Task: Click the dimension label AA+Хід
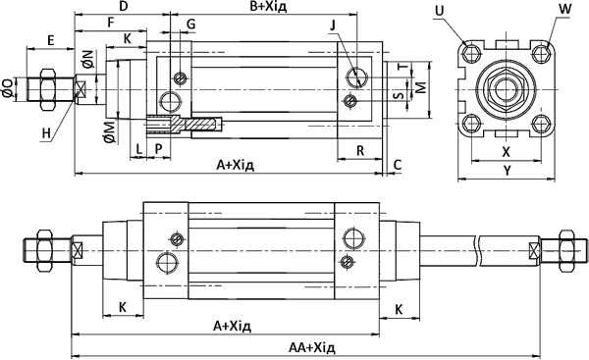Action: pyautogui.click(x=312, y=347)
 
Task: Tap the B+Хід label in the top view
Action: pyautogui.click(x=268, y=7)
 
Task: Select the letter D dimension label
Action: pyautogui.click(x=124, y=7)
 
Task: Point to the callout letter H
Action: pyautogui.click(x=46, y=133)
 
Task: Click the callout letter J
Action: pyautogui.click(x=333, y=26)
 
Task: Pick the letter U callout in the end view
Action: pyautogui.click(x=439, y=11)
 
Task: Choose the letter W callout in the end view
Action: pyautogui.click(x=564, y=9)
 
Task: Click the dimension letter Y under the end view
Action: pyautogui.click(x=508, y=171)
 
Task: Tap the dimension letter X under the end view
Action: pyautogui.click(x=507, y=152)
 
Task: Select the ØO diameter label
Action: pyautogui.click(x=8, y=88)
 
